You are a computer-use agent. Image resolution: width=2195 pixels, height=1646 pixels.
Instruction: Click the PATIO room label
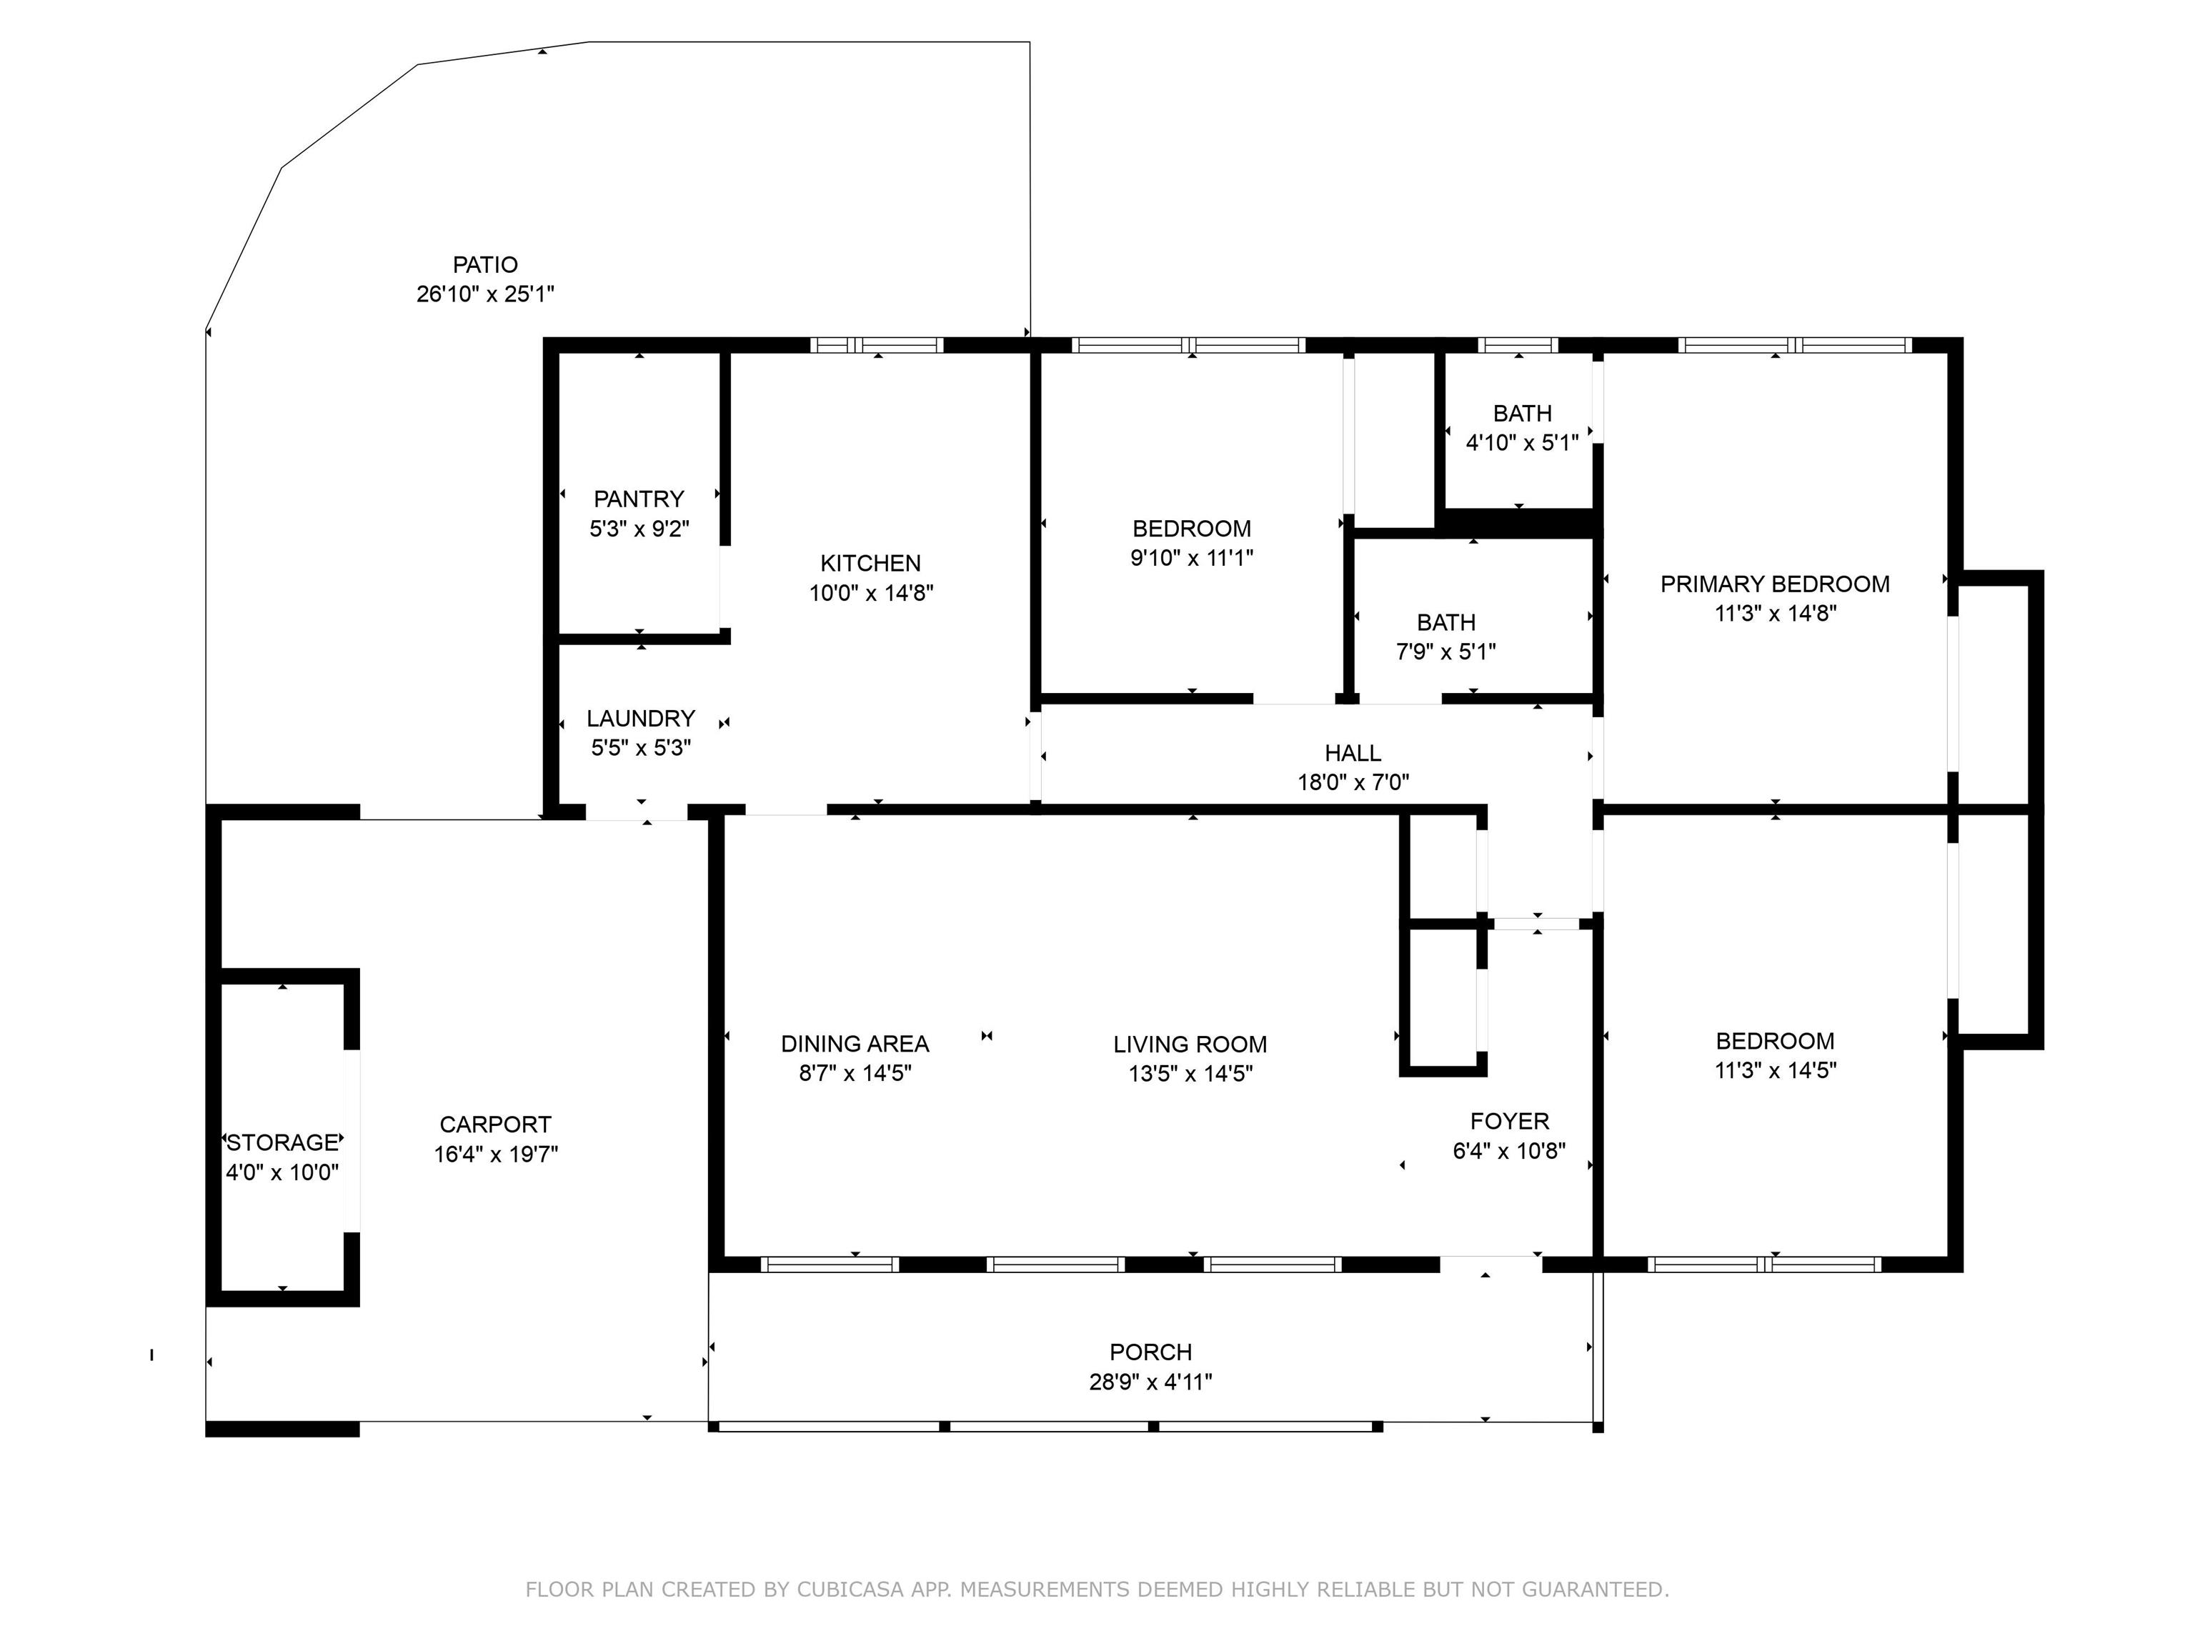[485, 265]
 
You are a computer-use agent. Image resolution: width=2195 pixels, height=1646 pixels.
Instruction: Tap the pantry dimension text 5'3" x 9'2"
[639, 529]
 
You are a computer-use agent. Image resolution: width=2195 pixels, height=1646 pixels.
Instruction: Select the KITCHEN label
[870, 564]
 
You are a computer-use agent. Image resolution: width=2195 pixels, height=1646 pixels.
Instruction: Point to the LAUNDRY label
[640, 718]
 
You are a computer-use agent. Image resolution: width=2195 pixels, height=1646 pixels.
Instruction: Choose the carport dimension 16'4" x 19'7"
[495, 1154]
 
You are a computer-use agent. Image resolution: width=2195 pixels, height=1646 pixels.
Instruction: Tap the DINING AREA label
[855, 1044]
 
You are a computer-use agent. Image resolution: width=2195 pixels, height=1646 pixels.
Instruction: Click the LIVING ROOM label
[1190, 1044]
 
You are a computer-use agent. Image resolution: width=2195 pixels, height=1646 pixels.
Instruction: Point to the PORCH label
[1150, 1352]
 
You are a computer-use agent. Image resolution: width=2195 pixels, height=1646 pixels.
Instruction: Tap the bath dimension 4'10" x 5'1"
[1522, 442]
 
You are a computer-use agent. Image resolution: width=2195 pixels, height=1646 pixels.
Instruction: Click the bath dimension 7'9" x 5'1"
[1445, 652]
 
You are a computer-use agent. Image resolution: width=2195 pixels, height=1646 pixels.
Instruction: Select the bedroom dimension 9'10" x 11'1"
[1192, 557]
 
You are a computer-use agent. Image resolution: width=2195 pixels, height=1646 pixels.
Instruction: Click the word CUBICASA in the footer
[850, 1590]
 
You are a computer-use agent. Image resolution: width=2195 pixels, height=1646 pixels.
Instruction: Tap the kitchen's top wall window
[877, 345]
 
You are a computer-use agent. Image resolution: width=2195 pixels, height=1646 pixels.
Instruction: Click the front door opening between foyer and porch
[1490, 1264]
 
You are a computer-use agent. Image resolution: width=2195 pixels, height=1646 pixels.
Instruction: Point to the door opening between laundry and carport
[636, 812]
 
